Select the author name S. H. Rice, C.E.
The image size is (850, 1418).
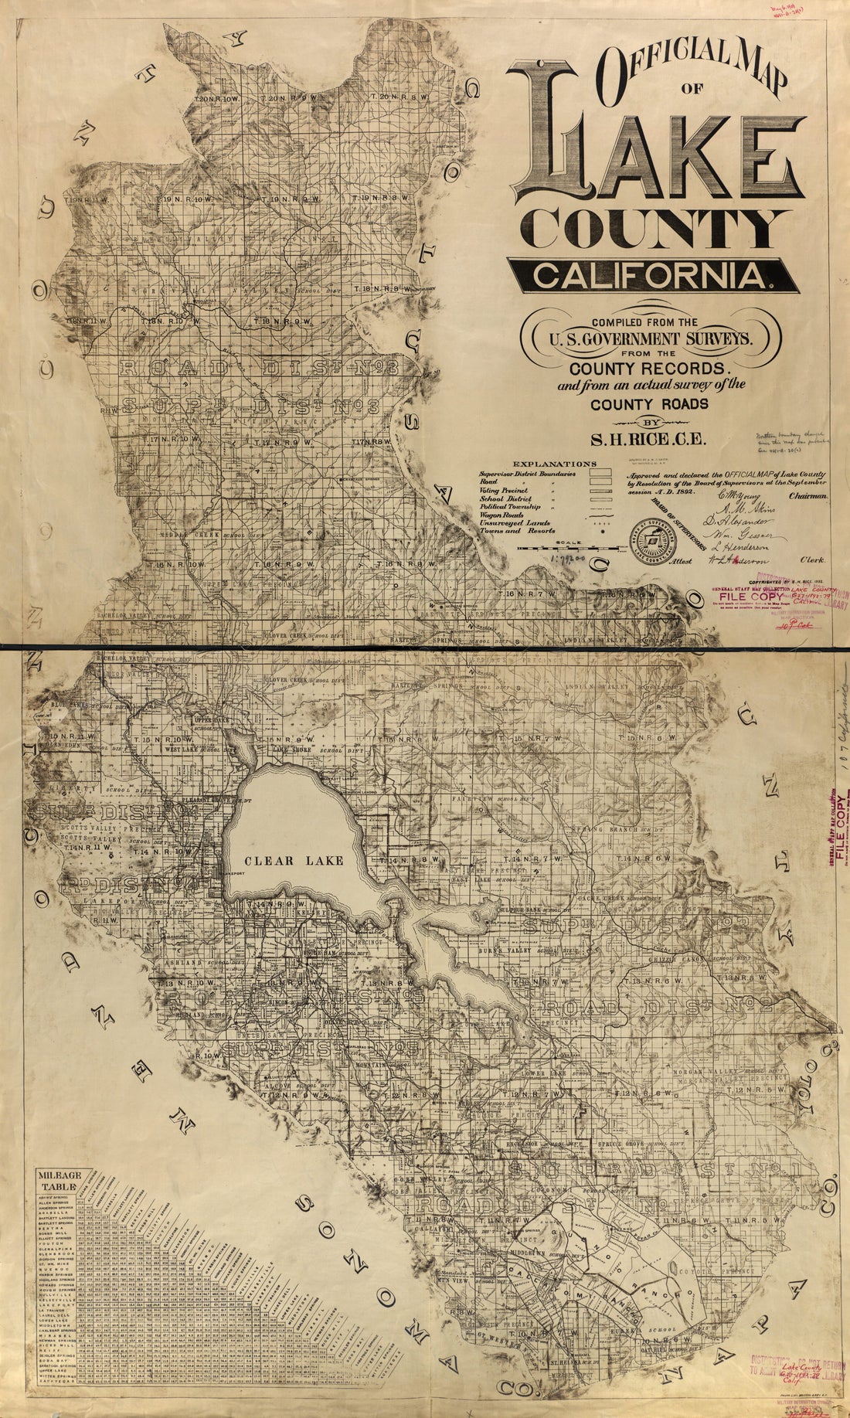651,441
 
